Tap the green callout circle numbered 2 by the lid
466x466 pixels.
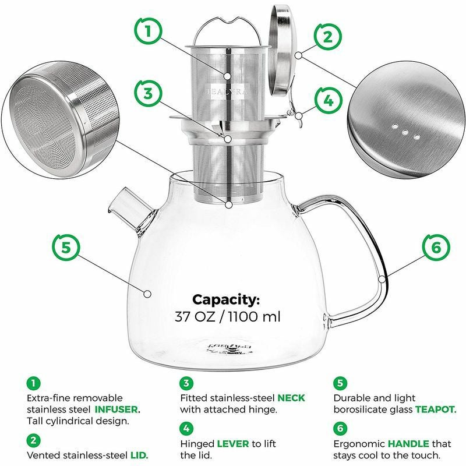327,38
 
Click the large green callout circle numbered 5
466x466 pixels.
66,247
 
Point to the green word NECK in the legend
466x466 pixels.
291,398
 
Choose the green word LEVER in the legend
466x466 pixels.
232,444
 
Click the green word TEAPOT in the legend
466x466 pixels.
435,409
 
